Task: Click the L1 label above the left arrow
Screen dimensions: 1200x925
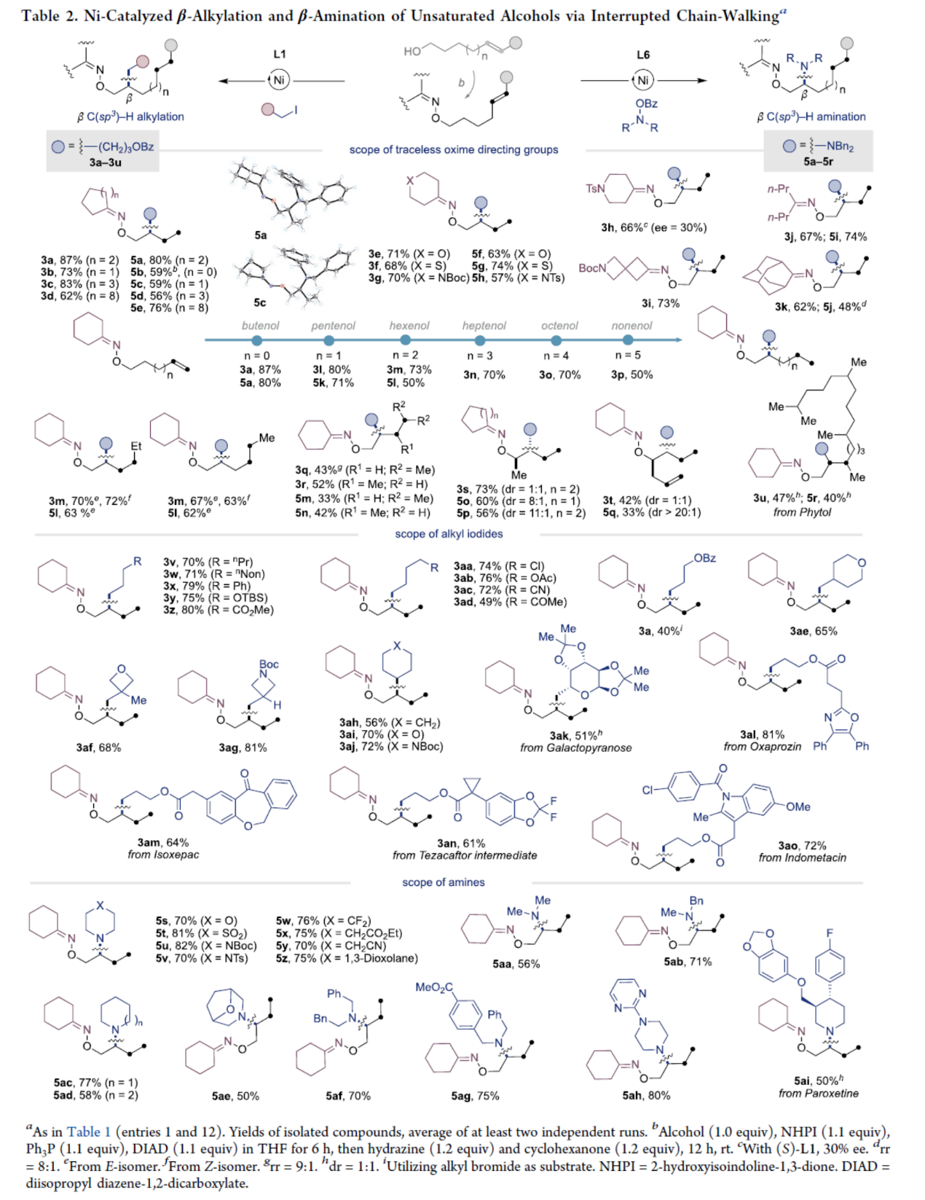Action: coord(280,54)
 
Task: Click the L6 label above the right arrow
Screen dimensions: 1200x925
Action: coord(643,55)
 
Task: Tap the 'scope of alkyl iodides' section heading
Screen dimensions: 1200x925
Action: coord(449,534)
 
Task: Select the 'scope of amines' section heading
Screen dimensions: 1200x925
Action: coord(444,882)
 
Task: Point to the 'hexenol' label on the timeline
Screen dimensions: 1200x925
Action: coord(409,326)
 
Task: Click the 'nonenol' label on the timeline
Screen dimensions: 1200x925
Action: coord(631,326)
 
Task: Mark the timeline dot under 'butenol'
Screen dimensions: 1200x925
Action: coord(256,340)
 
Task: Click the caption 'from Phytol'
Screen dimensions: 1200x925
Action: coord(802,512)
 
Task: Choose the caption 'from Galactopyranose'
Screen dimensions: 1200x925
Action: coord(575,748)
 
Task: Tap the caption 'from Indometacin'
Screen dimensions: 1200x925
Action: coord(802,858)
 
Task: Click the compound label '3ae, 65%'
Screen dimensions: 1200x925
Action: coord(814,631)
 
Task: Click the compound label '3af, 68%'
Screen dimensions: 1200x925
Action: coord(98,748)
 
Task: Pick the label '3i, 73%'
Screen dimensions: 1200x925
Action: coord(660,302)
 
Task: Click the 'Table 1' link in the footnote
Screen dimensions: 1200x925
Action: coord(89,1132)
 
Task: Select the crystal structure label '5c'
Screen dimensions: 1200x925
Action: coord(260,302)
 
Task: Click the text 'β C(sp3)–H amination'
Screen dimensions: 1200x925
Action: coord(811,117)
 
